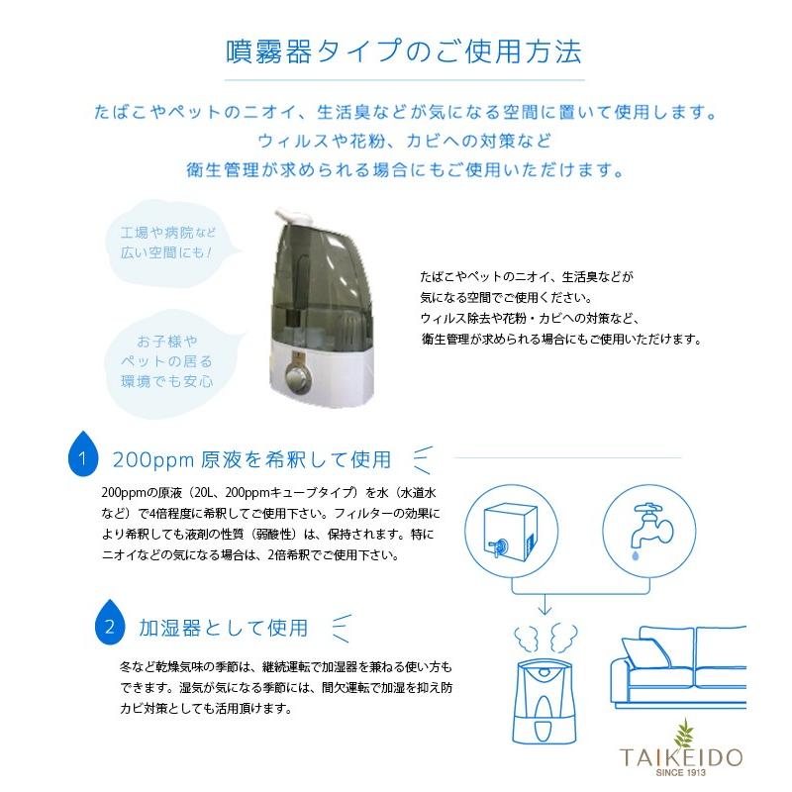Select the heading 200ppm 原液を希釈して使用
point(251,459)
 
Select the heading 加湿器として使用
point(224,628)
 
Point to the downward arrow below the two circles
point(543,604)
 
